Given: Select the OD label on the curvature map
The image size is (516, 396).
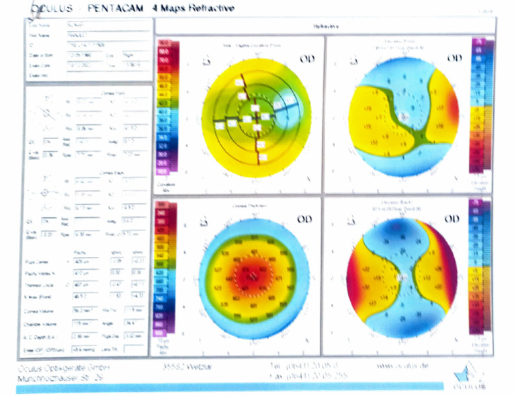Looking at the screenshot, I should (x=306, y=59).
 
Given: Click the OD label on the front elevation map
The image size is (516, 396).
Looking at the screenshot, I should (x=454, y=59).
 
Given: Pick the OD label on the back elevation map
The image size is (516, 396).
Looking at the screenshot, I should (x=454, y=219).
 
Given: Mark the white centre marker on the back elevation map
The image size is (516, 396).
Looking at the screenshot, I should (x=402, y=276).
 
